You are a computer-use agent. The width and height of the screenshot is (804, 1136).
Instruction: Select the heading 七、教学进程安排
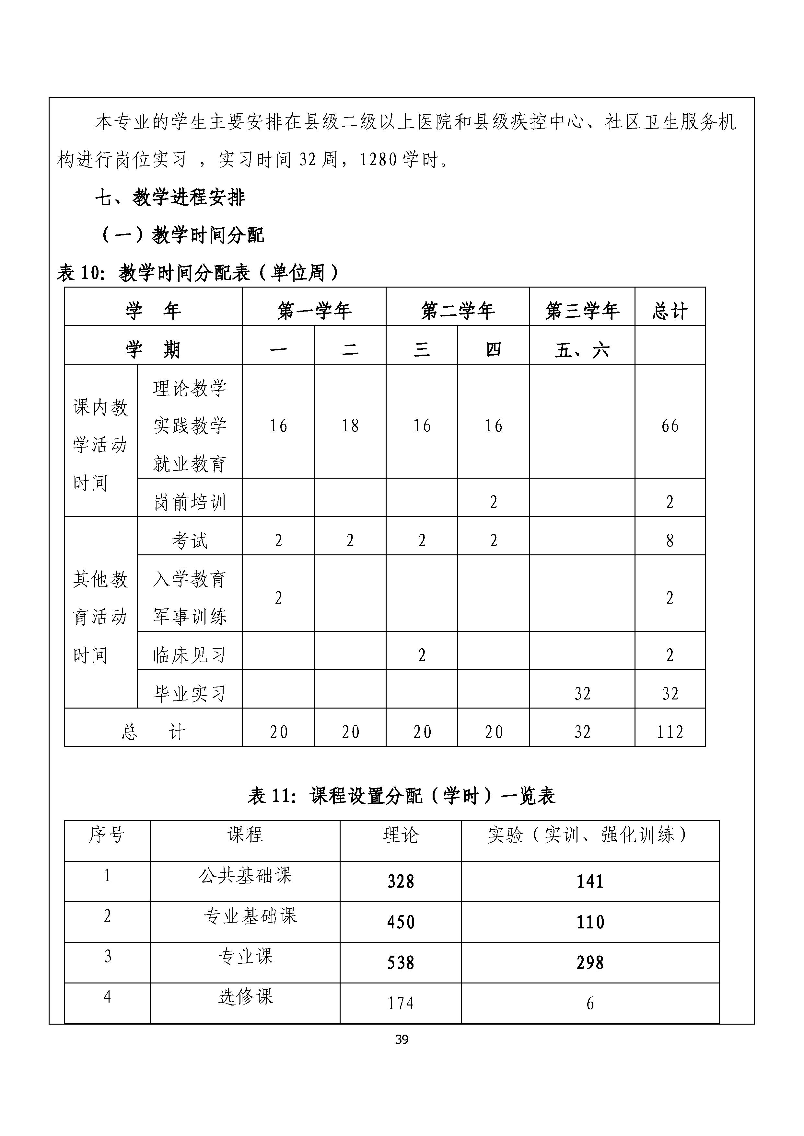coord(170,198)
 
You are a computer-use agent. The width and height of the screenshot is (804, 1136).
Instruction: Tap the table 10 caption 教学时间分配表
coord(197,273)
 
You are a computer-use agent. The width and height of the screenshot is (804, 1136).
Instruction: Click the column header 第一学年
coord(314,311)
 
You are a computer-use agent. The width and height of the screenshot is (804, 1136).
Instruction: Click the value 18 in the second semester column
coord(350,426)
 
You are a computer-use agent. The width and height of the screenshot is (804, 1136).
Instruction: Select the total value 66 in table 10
coord(670,426)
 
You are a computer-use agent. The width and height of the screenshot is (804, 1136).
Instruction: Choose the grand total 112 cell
coord(670,732)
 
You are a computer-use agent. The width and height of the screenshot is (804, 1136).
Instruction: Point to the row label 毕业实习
coord(190,694)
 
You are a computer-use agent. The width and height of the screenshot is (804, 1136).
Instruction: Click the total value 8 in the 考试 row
coord(670,540)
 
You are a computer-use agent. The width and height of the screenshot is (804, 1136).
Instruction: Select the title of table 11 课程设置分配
coord(402,796)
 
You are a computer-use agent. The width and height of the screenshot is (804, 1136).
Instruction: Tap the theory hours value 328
coord(401,881)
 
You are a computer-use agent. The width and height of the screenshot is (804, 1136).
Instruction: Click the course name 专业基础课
coord(250,915)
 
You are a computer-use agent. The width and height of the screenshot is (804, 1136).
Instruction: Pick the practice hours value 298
coord(590,962)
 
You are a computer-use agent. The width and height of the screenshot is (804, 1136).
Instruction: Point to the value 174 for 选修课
coord(401,1003)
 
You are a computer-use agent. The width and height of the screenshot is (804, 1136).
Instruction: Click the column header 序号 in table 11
coord(107,835)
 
